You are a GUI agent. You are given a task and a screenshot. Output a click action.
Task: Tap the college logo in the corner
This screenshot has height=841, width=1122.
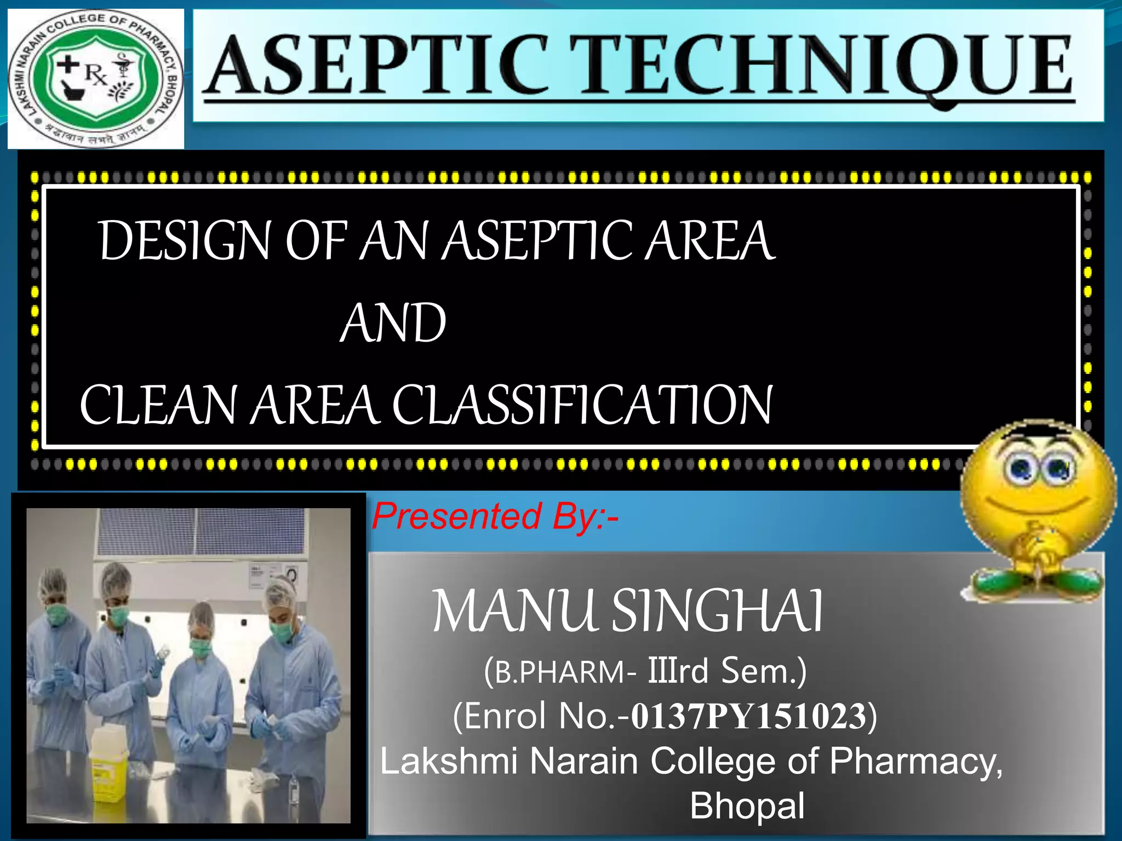[x=96, y=78]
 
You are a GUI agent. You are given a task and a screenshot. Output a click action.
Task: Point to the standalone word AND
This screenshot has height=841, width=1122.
[x=393, y=323]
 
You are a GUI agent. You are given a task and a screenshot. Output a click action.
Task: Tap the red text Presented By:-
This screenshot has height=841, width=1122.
[x=495, y=516]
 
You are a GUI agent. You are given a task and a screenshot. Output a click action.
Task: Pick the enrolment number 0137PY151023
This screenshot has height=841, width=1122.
[x=748, y=716]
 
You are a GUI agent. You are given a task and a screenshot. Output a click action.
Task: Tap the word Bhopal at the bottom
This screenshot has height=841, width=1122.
[x=747, y=806]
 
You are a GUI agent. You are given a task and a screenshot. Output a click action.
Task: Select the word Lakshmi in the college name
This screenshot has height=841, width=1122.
[x=449, y=762]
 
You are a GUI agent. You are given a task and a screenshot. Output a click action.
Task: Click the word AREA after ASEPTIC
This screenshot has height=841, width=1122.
[x=709, y=241]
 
